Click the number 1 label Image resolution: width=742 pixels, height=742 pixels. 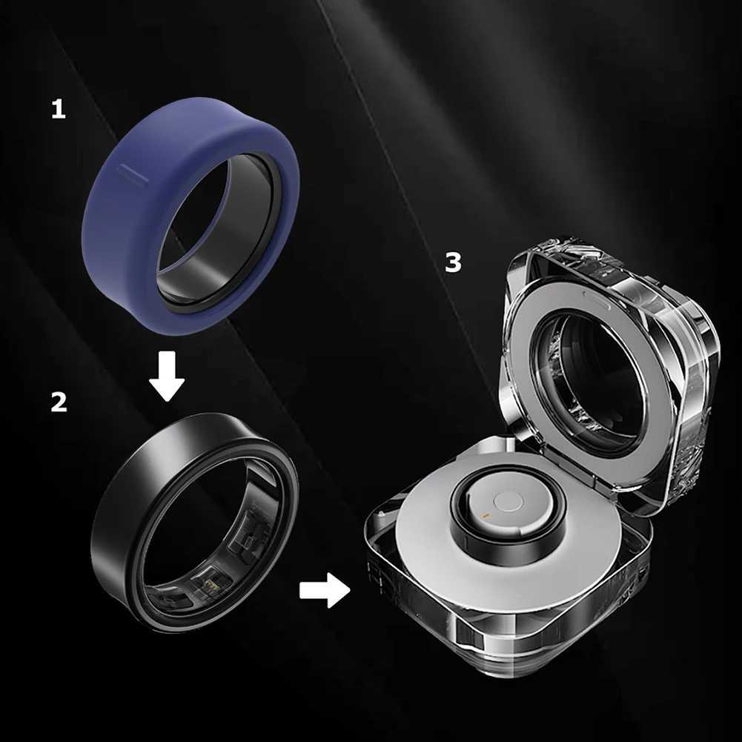coord(58,110)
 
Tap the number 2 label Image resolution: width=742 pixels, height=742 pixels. coord(59,402)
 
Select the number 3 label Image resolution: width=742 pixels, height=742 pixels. coord(453,262)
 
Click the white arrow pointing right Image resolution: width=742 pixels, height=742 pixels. coord(324,591)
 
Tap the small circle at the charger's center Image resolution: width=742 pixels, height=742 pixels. coord(509,502)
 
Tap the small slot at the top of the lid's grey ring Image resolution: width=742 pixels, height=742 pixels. coord(592,294)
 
